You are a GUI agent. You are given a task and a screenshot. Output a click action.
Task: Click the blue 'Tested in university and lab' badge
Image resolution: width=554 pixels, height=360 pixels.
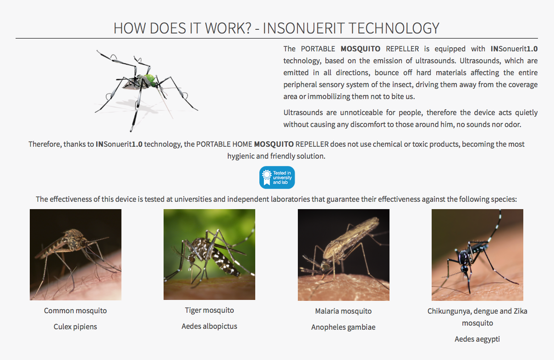tap(277, 177)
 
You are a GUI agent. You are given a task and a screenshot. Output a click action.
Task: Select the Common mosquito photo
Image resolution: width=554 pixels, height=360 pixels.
tap(76, 255)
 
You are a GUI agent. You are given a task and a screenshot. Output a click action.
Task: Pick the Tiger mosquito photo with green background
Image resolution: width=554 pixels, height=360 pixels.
tap(209, 255)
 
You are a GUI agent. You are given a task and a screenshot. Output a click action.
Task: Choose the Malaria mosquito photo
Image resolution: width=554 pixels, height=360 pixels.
tap(344, 255)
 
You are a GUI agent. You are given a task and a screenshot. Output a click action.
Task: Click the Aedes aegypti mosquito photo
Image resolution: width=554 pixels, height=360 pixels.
tap(477, 255)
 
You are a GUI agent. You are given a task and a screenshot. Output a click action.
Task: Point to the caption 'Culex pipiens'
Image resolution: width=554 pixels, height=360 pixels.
tap(75, 327)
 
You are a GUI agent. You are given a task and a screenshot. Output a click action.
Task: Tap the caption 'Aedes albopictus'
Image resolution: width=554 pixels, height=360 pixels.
tap(209, 327)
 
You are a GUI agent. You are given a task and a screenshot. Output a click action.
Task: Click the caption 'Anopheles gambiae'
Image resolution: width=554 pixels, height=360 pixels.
tap(343, 327)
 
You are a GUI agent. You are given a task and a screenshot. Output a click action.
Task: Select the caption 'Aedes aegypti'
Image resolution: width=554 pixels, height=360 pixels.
tap(477, 339)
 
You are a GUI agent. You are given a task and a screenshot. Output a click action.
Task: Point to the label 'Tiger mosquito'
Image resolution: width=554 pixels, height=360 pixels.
tap(209, 310)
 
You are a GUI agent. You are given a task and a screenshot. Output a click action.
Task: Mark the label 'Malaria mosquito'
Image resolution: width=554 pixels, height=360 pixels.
tap(343, 311)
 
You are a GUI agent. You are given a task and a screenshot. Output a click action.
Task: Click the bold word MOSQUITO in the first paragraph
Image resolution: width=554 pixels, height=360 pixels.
tap(360, 49)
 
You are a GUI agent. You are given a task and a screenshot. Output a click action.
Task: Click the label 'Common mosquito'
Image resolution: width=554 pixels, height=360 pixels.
tap(75, 311)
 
